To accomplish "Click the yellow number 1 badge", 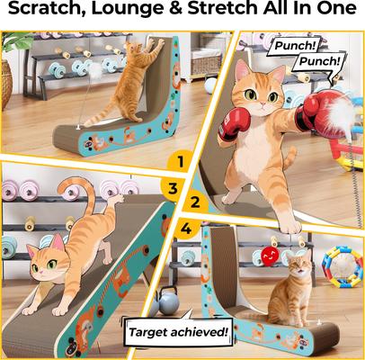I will point(179,162).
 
